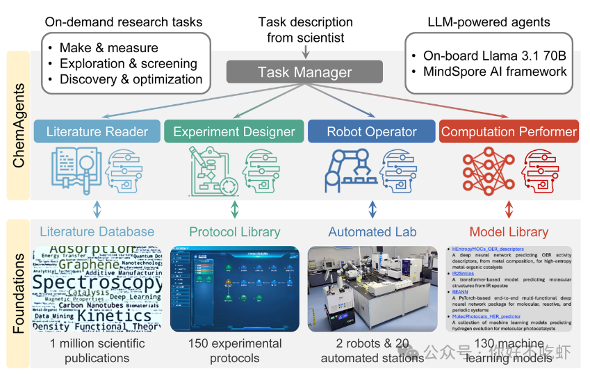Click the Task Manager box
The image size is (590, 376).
click(304, 72)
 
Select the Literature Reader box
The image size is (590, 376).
click(97, 131)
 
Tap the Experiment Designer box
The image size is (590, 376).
click(234, 131)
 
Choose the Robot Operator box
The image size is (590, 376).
click(372, 131)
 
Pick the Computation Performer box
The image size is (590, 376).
click(509, 131)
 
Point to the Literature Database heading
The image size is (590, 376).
click(97, 232)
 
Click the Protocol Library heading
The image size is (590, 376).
click(235, 232)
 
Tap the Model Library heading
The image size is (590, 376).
click(509, 232)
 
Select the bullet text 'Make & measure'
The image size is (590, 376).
click(108, 48)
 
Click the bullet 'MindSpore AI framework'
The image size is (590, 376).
click(495, 71)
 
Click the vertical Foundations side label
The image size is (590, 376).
click(19, 293)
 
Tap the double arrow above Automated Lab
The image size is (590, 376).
click(372, 209)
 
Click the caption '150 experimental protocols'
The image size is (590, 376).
click(235, 351)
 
